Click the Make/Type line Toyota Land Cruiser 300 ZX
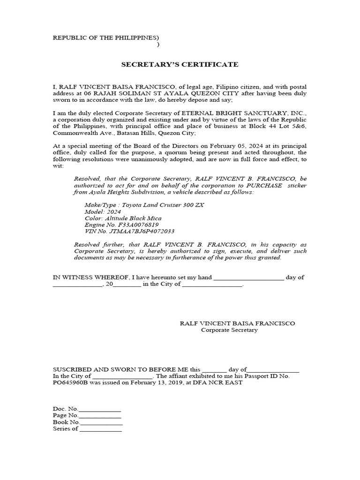pyautogui.click(x=144, y=206)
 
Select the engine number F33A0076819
pyautogui.click(x=138, y=225)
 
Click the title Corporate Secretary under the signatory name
pyautogui.click(x=229, y=330)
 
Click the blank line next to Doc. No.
pyautogui.click(x=100, y=409)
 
